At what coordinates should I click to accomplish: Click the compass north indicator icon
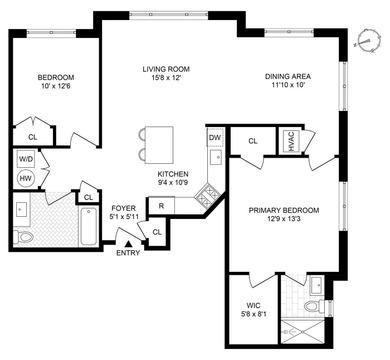coord(368,42)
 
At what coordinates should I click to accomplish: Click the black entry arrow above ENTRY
coord(127,241)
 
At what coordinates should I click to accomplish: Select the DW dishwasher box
coord(215,137)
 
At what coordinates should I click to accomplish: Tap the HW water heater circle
coord(26,177)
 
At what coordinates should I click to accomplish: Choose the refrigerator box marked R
coord(161,206)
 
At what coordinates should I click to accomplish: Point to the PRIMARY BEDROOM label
coord(284,210)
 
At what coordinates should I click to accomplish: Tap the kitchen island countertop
coord(156,137)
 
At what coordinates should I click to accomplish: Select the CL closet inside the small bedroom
coord(32,138)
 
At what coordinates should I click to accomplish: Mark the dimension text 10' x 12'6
coord(55,88)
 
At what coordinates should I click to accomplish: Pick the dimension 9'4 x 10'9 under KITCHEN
coord(172,183)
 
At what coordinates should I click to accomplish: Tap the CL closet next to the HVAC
coord(253,142)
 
